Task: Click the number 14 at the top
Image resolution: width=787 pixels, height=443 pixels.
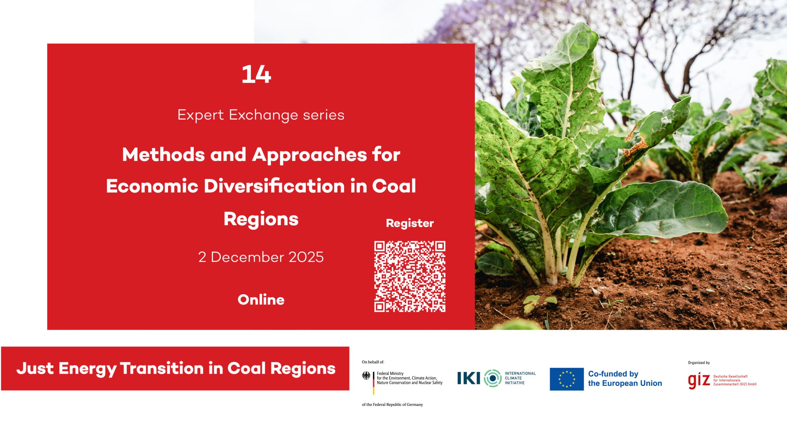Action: click(x=256, y=74)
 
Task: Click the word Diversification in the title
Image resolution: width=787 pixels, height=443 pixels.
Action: click(x=274, y=186)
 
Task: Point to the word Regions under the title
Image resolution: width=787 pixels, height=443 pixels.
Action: click(x=261, y=219)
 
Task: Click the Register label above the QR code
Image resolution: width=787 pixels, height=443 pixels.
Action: click(x=410, y=223)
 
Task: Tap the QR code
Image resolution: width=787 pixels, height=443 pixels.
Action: click(x=410, y=277)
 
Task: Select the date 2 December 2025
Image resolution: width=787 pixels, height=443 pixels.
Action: click(x=261, y=257)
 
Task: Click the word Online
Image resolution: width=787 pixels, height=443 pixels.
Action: click(x=261, y=300)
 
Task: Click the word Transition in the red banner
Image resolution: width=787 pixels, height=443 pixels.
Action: click(x=162, y=368)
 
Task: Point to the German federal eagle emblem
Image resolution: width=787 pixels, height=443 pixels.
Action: click(x=366, y=376)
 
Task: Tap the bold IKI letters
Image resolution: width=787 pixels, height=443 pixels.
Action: click(x=469, y=378)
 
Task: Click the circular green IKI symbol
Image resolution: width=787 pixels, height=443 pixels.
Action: click(x=493, y=378)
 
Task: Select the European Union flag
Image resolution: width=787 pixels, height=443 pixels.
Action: click(x=567, y=379)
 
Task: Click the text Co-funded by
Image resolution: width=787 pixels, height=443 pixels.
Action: click(x=613, y=374)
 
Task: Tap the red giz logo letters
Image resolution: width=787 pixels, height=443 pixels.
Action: click(x=699, y=381)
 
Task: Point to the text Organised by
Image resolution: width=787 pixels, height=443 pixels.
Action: click(x=699, y=363)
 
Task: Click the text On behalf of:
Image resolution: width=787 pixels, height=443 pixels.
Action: click(x=373, y=362)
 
